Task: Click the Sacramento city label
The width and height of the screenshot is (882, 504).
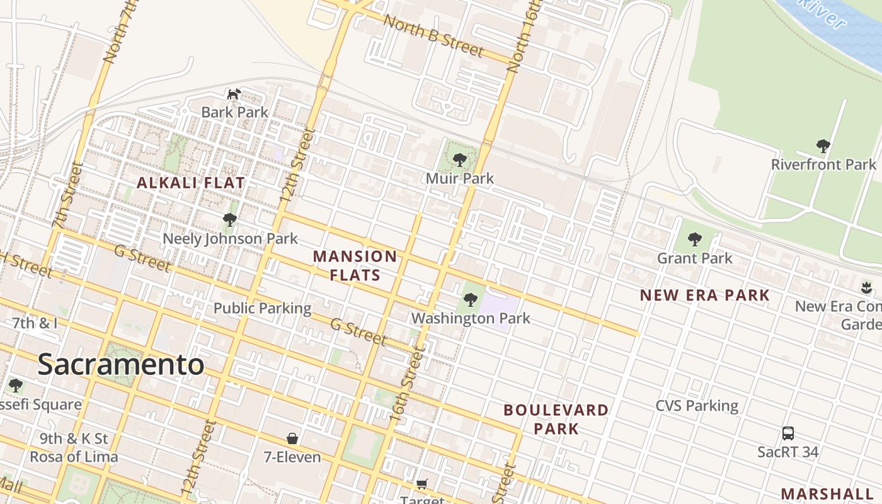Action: pos(121,365)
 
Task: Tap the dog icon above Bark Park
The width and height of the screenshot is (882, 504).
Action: pos(234,94)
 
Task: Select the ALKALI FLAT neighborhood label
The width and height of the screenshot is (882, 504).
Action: pos(191,183)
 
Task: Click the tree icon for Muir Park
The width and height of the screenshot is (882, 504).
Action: pos(460,160)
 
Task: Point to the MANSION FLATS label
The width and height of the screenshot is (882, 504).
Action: pos(355,266)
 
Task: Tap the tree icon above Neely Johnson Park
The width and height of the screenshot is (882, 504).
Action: pos(230,220)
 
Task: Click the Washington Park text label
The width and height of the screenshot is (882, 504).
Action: pos(471,318)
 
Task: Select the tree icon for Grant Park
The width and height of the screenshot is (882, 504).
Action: pos(695,239)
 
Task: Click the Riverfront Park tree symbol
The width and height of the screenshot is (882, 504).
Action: pos(823,146)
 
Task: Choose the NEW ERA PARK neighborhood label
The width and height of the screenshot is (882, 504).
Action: pos(705,295)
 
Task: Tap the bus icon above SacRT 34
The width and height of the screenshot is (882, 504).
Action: pos(788,433)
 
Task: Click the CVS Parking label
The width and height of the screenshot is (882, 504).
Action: pos(697,406)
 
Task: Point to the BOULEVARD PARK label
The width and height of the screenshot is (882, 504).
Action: pos(556,420)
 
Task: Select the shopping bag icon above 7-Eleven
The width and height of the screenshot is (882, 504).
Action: pos(292,438)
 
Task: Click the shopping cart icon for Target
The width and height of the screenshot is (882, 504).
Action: pos(422,484)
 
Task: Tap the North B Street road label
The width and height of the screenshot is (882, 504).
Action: pos(433,37)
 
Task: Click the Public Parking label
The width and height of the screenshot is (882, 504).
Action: pos(262,308)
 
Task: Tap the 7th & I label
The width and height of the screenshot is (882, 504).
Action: pos(35,323)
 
